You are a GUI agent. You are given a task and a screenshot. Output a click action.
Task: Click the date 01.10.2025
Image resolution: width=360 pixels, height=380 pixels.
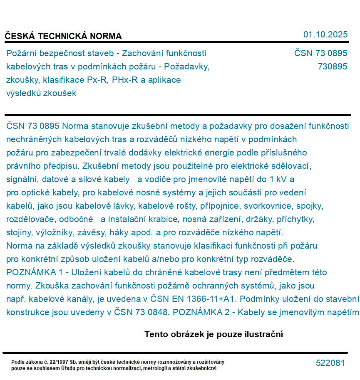tap(325, 35)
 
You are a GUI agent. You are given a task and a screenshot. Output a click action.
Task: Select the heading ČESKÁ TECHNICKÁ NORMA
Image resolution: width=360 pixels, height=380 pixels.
tap(63, 36)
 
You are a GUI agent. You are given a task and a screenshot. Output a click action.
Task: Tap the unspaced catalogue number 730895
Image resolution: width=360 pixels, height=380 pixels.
tap(332, 67)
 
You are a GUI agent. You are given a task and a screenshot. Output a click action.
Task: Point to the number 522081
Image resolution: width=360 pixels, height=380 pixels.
tap(330, 363)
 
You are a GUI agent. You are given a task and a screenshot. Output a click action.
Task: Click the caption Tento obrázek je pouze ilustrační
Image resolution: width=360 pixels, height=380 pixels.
tap(214, 334)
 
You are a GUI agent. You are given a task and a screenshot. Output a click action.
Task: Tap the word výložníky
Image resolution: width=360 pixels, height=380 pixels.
tap(60, 233)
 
